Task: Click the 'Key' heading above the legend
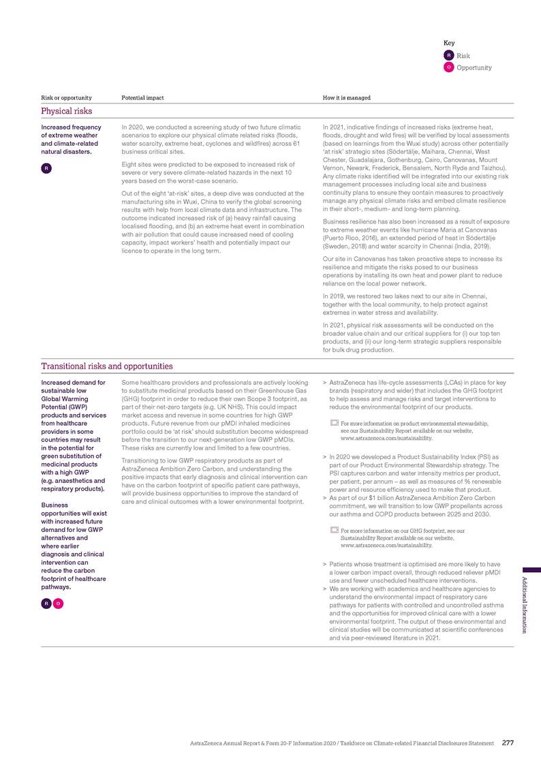pyautogui.click(x=449, y=43)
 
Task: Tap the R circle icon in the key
pyautogui.click(x=449, y=55)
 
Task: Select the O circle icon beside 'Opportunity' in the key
pyautogui.click(x=449, y=67)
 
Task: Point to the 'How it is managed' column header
pyautogui.click(x=346, y=98)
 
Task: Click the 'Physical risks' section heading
pyautogui.click(x=66, y=110)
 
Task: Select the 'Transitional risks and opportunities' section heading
pyautogui.click(x=107, y=366)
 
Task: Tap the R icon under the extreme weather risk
pyautogui.click(x=45, y=168)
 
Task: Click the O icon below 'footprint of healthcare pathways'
pyautogui.click(x=59, y=604)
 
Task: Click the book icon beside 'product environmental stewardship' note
pyautogui.click(x=334, y=424)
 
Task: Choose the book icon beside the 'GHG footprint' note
pyautogui.click(x=334, y=530)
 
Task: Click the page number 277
pyautogui.click(x=508, y=743)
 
